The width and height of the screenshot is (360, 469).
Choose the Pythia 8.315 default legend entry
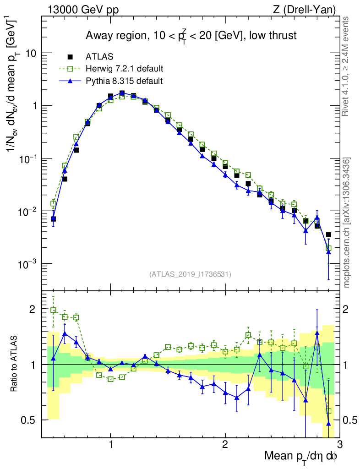[x=124, y=81]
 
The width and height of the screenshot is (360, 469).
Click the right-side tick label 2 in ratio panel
[x=350, y=310]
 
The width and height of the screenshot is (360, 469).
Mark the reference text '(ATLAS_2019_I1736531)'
[x=190, y=274]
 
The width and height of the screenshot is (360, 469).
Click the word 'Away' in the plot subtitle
[x=99, y=36]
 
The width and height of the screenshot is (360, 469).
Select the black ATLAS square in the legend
[x=71, y=57]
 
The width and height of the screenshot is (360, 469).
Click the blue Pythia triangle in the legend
[x=71, y=81]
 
